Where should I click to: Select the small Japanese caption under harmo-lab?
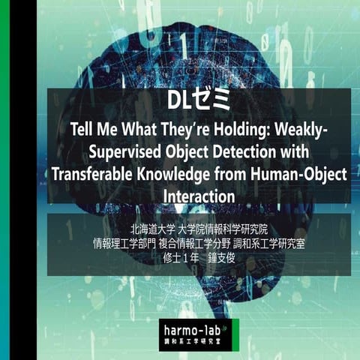coord(197,342)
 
